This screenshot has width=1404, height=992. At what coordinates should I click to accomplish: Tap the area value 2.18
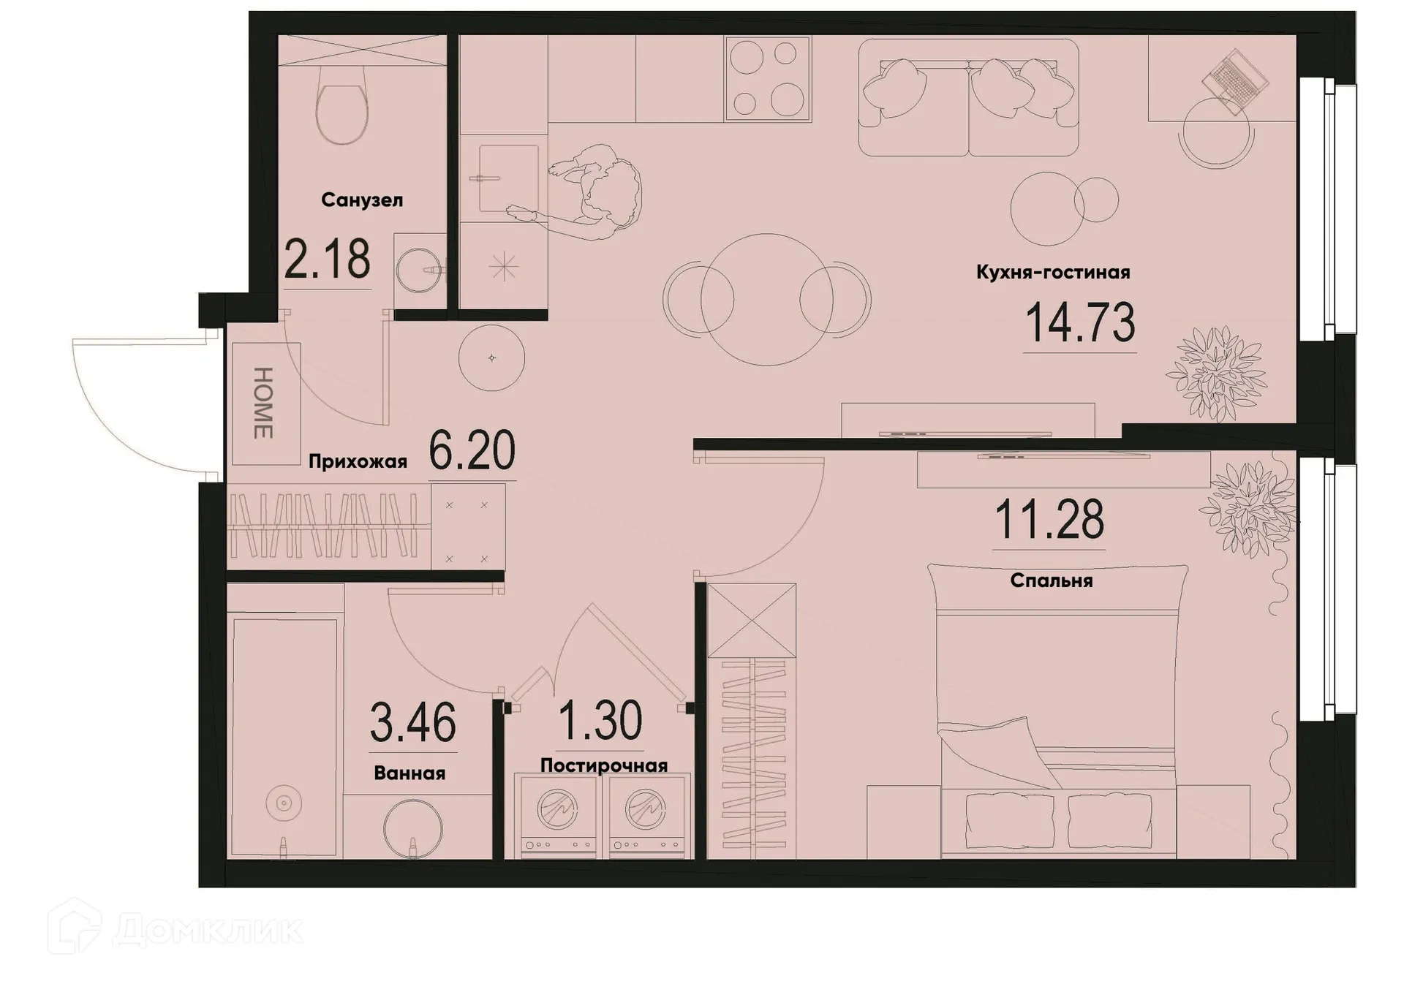click(x=327, y=260)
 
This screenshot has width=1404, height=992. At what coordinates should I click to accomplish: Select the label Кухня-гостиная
click(x=1053, y=273)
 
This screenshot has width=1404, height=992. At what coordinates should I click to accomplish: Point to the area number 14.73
click(x=1080, y=323)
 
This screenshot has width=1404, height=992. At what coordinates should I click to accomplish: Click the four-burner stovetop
click(x=768, y=78)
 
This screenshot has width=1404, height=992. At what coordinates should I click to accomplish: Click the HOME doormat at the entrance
click(x=265, y=404)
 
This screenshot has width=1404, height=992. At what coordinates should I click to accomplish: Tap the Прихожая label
click(x=358, y=461)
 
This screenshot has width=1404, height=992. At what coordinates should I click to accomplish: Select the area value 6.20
click(x=472, y=451)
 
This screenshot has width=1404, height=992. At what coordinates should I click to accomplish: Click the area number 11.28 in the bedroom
click(x=1049, y=520)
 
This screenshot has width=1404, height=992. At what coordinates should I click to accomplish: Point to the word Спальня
click(x=1052, y=581)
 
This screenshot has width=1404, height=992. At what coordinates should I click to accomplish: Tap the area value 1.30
click(x=600, y=721)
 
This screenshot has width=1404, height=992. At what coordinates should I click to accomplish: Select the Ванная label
click(x=409, y=773)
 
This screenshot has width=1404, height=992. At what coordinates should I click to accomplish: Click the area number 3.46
click(x=413, y=722)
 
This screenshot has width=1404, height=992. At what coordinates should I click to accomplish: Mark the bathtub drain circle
click(x=284, y=804)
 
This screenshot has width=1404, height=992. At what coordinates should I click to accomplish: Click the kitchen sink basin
click(x=507, y=178)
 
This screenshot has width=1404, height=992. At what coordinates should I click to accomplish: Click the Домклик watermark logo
click(x=175, y=930)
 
